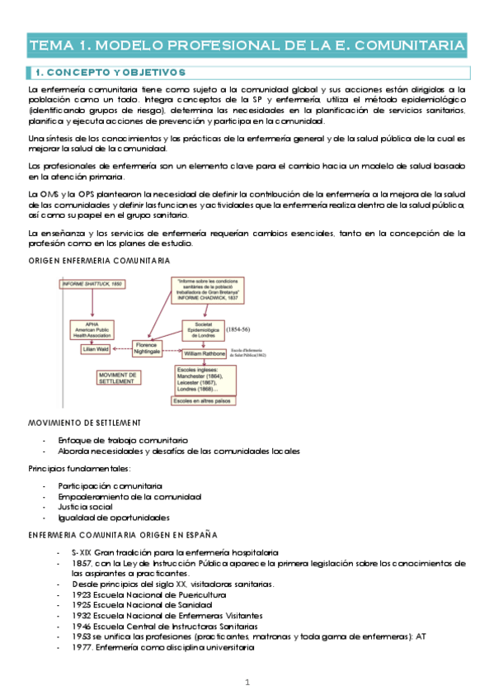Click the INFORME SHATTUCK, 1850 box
pyautogui.click(x=92, y=284)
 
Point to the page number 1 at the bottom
pyautogui.click(x=247, y=682)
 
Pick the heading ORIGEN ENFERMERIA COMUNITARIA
pyautogui.click(x=99, y=260)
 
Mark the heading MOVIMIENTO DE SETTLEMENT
pyautogui.click(x=84, y=423)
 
